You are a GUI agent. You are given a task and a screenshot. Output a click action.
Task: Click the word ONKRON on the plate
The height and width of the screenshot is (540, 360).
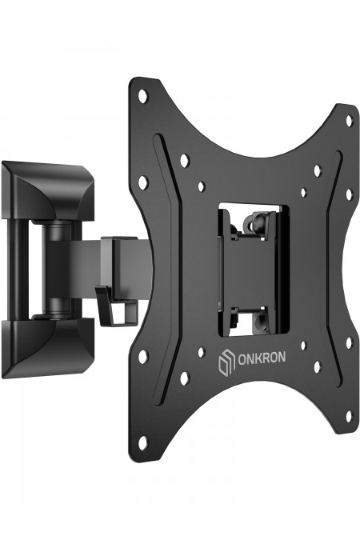tap(262, 358)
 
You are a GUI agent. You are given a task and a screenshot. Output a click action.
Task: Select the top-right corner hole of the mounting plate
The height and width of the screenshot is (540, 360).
tap(350, 120)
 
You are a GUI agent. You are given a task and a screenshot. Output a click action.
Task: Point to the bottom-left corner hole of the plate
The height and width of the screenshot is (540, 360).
tap(143, 441)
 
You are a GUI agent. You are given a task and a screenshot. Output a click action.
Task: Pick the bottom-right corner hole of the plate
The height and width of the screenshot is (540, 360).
tap(350, 416)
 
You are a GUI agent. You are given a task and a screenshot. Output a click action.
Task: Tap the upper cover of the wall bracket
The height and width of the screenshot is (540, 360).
tap(47, 190)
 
